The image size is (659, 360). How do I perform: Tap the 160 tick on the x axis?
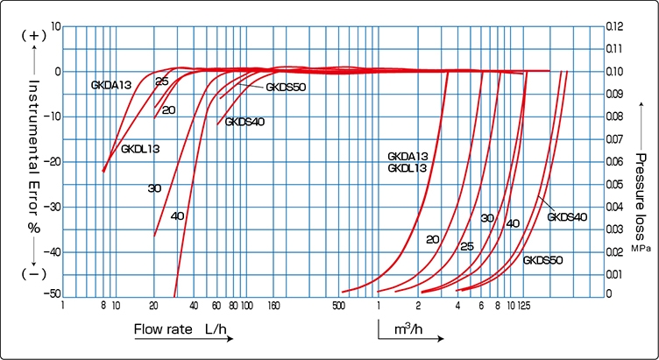(x=273, y=307)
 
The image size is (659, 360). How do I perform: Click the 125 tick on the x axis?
(x=524, y=307)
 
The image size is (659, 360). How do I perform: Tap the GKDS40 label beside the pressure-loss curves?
(x=567, y=216)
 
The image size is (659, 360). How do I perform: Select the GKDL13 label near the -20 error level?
(x=140, y=149)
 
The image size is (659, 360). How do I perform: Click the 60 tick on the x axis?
(x=216, y=307)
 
